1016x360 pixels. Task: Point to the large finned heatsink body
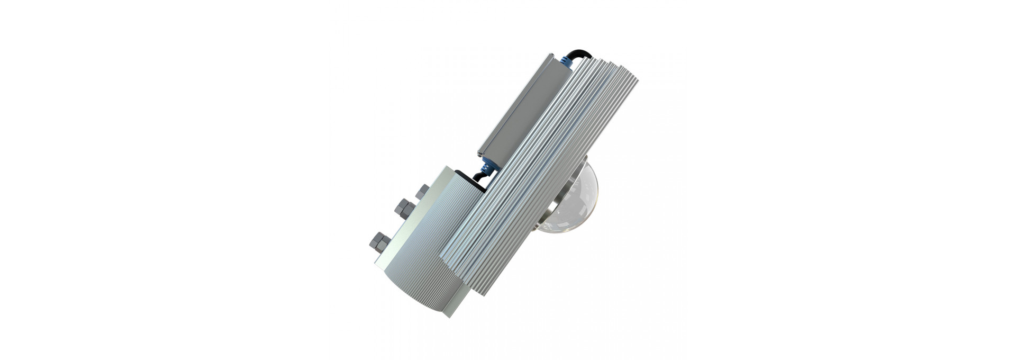coord(545,175)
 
